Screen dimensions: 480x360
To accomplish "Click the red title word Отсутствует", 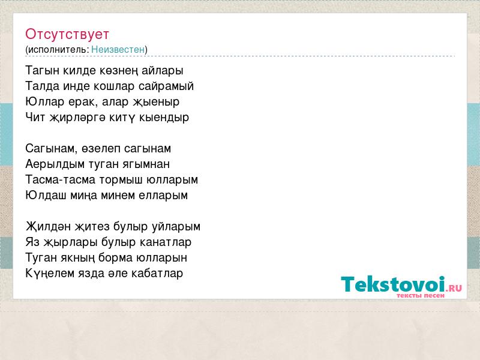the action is [67, 34].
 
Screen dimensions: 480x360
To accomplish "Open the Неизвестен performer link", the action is [118, 49].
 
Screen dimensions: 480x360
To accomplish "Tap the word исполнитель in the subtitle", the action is [58, 50].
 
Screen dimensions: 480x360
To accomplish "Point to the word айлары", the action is [163, 71].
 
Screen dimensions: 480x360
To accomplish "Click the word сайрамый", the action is [166, 86].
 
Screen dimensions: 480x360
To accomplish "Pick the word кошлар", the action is [114, 86].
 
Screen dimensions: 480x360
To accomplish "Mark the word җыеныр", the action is [156, 102].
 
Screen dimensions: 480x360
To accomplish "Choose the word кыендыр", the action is [164, 118].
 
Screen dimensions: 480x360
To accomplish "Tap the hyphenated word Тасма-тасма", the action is [61, 179].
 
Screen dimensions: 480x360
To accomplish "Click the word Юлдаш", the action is [46, 196].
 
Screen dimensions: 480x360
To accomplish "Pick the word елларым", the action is [163, 196].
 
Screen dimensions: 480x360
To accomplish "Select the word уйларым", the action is [176, 227].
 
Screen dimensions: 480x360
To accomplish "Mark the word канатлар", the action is [166, 242].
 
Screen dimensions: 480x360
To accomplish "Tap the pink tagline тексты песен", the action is [421, 296].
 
